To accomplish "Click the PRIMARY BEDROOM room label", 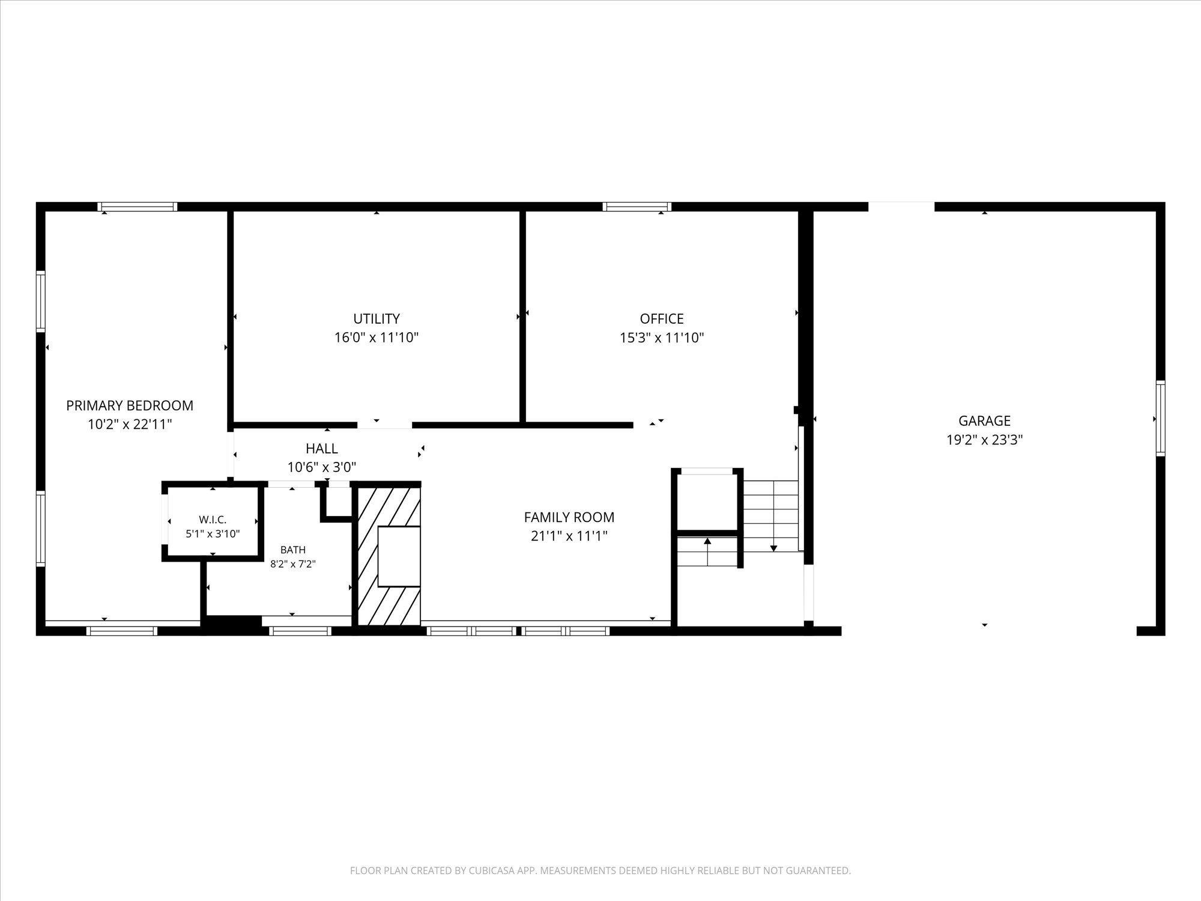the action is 130,405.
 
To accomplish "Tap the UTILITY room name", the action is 377,318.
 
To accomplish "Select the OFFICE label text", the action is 662,318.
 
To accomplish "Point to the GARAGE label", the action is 984,420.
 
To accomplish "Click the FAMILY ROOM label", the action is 569,517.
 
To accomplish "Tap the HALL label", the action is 322,448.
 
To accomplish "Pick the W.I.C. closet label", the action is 213,520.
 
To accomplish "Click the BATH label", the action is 293,550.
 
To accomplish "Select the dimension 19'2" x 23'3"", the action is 984,440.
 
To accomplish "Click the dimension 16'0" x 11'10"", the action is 377,338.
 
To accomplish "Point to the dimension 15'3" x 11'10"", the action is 662,338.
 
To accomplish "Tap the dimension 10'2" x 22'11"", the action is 130,425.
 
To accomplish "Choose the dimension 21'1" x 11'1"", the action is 569,536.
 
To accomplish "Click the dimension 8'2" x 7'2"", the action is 293,564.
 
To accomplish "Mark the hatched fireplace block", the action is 389,556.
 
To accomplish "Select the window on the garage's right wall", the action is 1161,418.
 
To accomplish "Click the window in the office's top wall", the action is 637,207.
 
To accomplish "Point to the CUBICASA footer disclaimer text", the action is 600,870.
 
